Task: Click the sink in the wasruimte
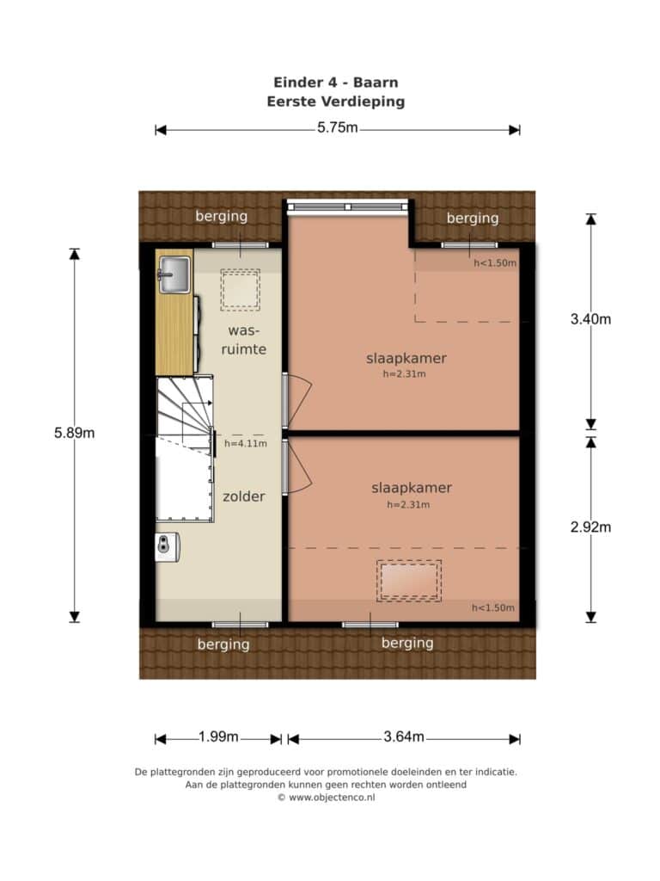(x=174, y=274)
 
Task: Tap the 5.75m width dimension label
(x=337, y=127)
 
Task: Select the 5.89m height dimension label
(x=74, y=433)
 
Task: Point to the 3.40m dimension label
(x=590, y=319)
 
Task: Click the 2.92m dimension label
(x=590, y=527)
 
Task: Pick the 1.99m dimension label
(x=218, y=736)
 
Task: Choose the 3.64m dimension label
(x=404, y=736)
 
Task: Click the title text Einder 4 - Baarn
(x=336, y=83)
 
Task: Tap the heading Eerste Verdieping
(x=336, y=102)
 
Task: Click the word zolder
(x=243, y=496)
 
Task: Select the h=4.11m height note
(x=246, y=443)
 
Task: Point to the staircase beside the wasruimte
(x=185, y=413)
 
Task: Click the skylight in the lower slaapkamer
(x=408, y=581)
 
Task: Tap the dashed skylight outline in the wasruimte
(x=241, y=290)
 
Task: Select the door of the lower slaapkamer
(x=296, y=467)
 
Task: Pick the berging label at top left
(x=221, y=216)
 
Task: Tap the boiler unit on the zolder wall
(x=168, y=546)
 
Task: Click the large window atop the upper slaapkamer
(x=348, y=206)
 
